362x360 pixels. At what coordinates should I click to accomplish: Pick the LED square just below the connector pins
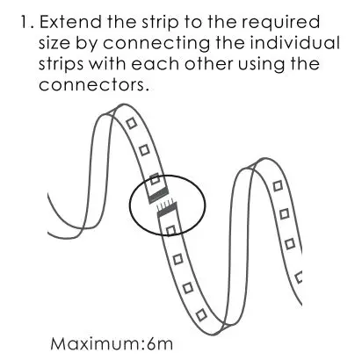[171, 229]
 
